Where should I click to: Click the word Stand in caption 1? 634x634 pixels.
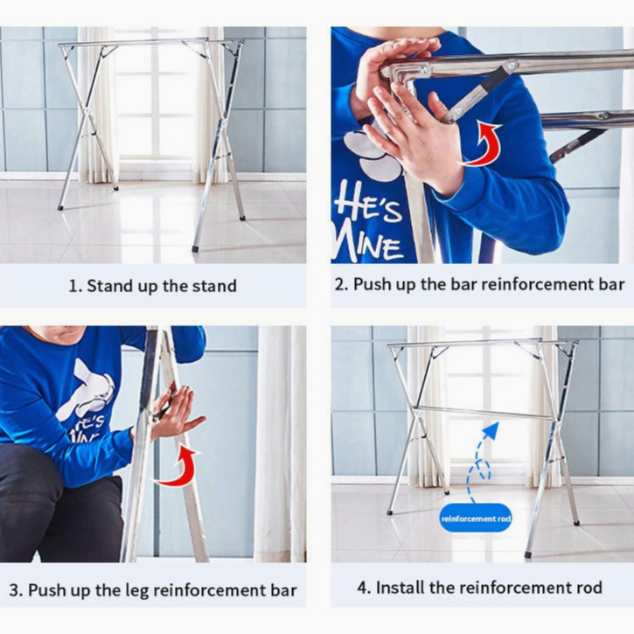[105, 286]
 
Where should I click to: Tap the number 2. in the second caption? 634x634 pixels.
[341, 284]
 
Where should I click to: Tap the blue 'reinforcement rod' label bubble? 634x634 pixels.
[476, 518]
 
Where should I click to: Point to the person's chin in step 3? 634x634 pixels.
[61, 338]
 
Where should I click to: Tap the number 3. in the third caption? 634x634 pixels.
[16, 590]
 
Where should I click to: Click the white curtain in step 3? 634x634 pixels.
[280, 444]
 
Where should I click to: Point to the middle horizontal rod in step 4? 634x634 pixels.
[482, 413]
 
